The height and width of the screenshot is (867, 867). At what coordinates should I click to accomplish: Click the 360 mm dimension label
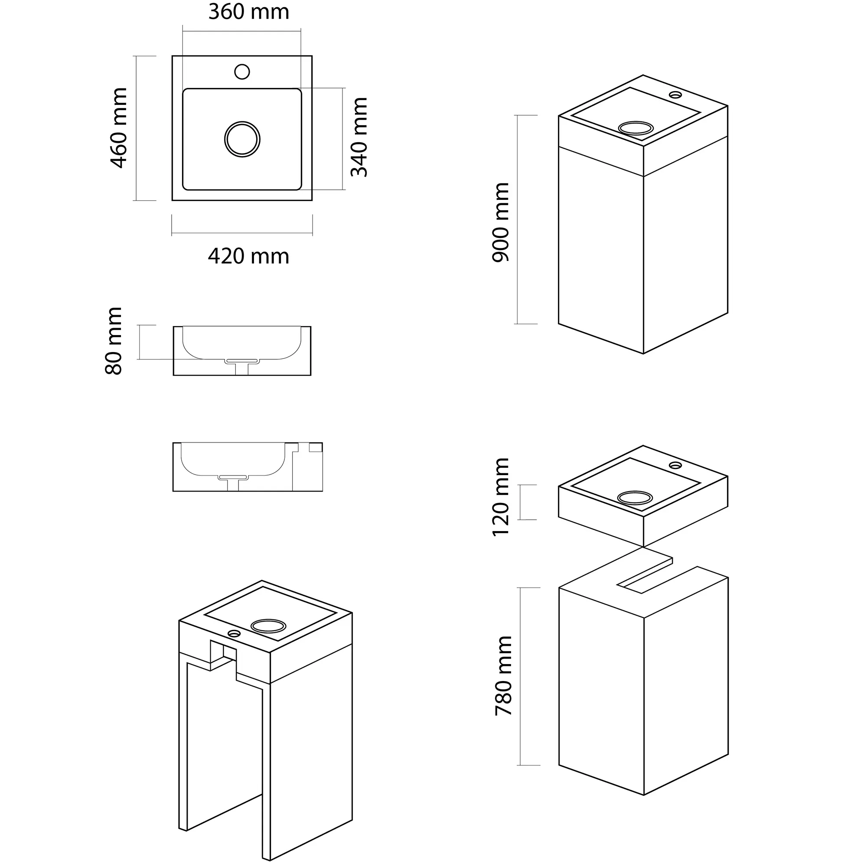coord(248,12)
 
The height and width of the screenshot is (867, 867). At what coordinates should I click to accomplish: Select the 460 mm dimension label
coord(119,128)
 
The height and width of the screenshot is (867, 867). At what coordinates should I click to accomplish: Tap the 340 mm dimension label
coord(359,137)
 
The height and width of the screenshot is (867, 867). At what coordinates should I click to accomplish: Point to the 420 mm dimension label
coord(248,256)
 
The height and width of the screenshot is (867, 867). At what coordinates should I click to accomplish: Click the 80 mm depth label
coord(114,341)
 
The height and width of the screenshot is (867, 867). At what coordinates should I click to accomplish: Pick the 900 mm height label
coord(500,222)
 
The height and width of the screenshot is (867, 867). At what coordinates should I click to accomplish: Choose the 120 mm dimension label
coord(500,497)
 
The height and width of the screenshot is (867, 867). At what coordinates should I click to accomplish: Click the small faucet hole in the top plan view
coord(242,72)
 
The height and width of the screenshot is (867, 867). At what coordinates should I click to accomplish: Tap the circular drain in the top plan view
coord(242,139)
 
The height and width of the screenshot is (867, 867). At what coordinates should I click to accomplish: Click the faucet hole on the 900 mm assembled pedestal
coord(675,95)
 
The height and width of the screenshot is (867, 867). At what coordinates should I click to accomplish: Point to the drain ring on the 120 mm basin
coord(635,497)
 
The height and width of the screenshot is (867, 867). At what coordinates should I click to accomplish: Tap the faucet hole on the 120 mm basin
coord(675,464)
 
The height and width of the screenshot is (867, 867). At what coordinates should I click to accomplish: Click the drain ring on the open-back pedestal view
coord(268,626)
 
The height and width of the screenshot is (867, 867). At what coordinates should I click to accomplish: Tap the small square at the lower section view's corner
coord(316,447)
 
